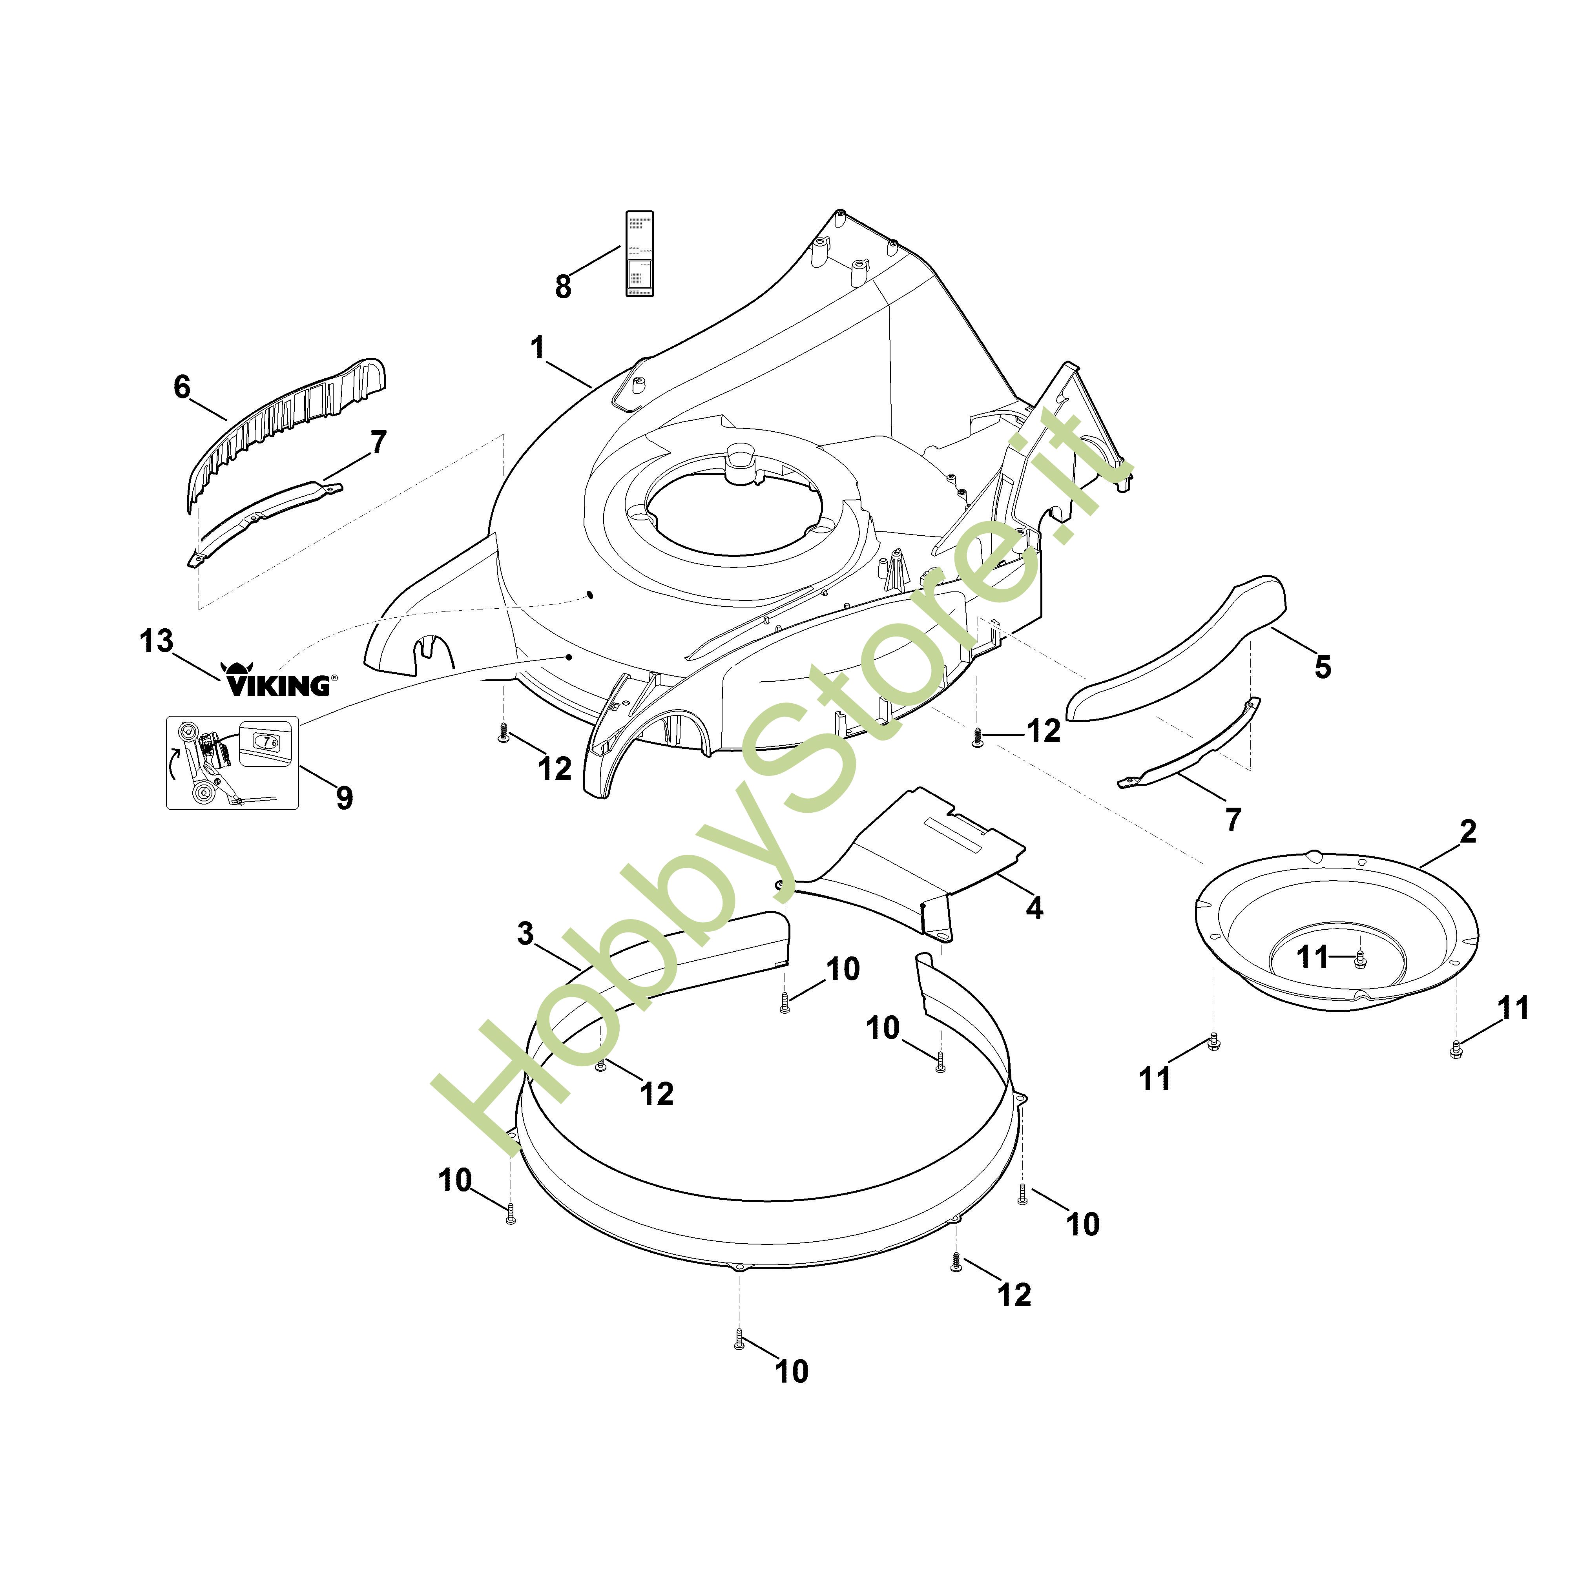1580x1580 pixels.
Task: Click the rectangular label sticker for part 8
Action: tap(640, 254)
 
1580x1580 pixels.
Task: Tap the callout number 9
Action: tap(344, 797)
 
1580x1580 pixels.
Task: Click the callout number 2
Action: tap(1468, 832)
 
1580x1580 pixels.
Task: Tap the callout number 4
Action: tap(1034, 908)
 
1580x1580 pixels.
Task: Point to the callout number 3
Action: tap(526, 933)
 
